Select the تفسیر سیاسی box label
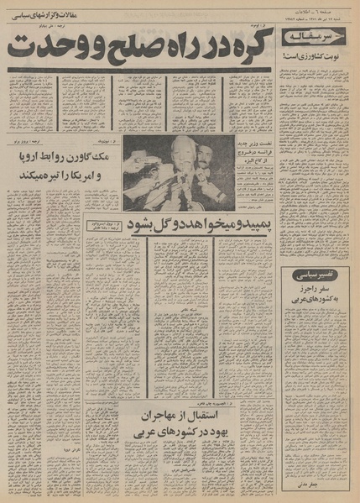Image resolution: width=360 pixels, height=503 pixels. pos(320,275)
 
